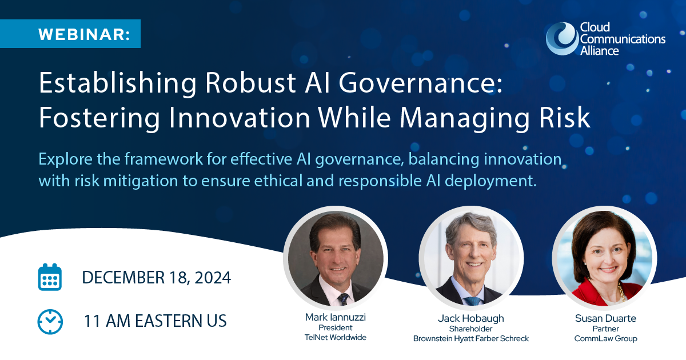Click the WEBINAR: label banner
(70, 34)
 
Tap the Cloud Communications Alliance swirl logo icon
(562, 39)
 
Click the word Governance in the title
(421, 83)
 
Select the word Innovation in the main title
(240, 118)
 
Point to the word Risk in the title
(564, 117)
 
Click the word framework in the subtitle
(163, 159)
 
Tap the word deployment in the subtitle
(490, 181)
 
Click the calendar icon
(50, 277)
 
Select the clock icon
(50, 322)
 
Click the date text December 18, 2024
(156, 278)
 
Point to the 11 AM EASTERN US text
(155, 321)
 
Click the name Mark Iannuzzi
(336, 317)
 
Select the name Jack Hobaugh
(471, 319)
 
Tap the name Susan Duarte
(605, 318)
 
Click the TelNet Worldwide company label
(336, 337)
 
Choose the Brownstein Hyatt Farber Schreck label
(471, 338)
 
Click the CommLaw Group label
(605, 338)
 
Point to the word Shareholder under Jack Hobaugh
(470, 329)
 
